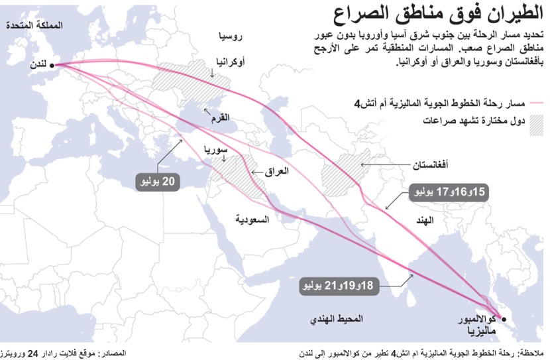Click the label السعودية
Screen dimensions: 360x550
[252, 219]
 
